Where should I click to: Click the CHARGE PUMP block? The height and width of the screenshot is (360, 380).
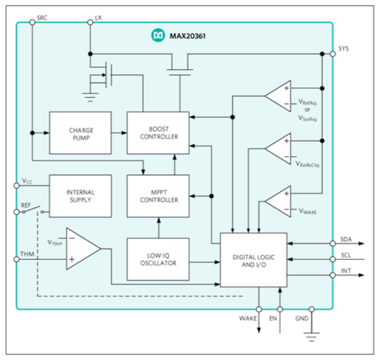click(x=80, y=133)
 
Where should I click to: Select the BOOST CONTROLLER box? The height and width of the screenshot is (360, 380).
click(x=158, y=133)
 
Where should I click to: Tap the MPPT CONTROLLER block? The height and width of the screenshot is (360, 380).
click(x=158, y=196)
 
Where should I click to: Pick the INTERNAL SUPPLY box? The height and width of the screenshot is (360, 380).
click(x=80, y=196)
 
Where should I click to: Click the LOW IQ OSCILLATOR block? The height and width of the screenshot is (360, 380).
click(x=158, y=259)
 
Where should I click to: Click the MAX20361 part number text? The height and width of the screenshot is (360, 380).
click(x=185, y=36)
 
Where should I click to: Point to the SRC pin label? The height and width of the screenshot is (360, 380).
click(x=42, y=18)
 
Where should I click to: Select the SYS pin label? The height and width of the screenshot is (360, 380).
click(x=344, y=49)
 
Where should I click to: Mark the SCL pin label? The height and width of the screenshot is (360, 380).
click(x=346, y=255)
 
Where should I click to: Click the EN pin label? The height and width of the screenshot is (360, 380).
click(x=273, y=319)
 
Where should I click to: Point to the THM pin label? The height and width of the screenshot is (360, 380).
click(x=26, y=253)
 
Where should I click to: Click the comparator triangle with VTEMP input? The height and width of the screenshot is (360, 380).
click(x=81, y=249)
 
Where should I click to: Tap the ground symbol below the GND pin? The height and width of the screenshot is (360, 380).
click(x=312, y=336)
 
